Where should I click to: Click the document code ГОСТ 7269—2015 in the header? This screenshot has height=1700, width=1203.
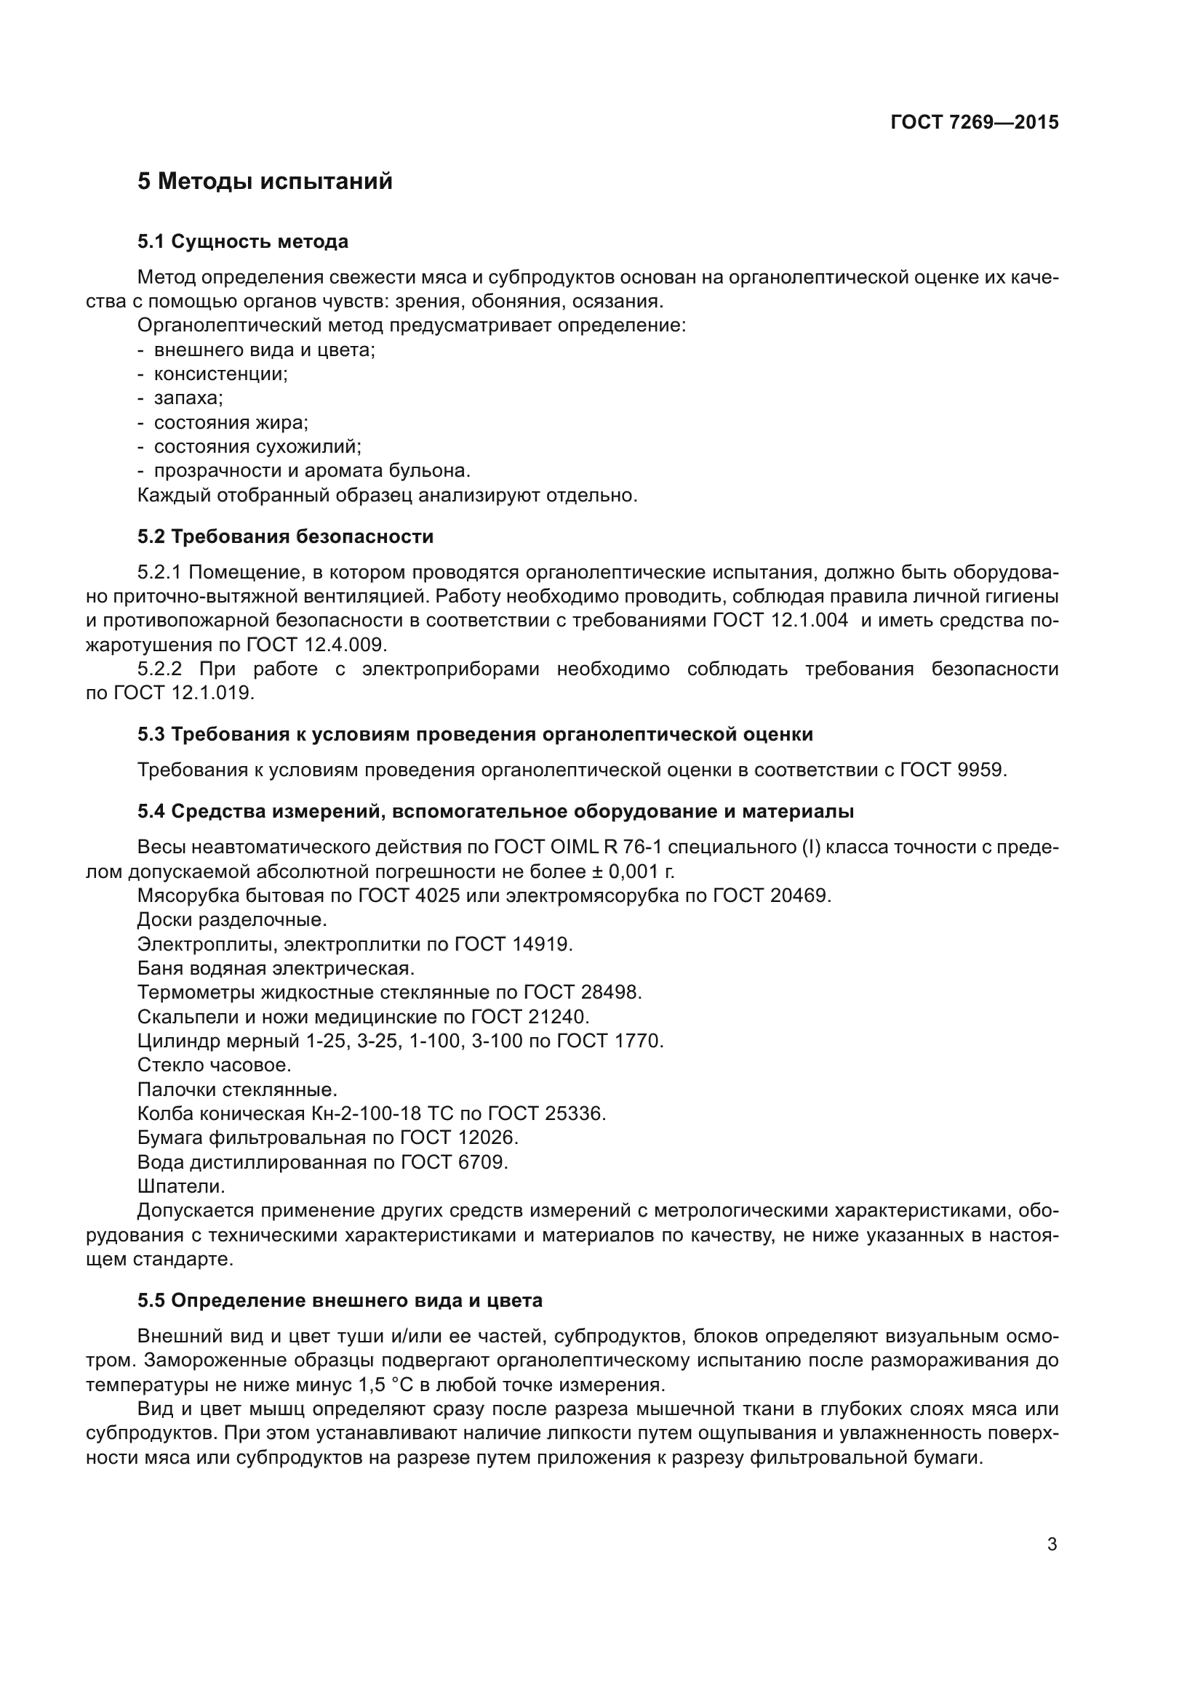click(974, 122)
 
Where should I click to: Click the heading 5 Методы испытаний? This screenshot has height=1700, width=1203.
click(265, 182)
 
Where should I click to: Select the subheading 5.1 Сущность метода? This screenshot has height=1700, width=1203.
click(242, 241)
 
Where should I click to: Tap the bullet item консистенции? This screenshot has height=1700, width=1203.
click(220, 374)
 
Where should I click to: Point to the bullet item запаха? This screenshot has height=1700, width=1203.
click(188, 398)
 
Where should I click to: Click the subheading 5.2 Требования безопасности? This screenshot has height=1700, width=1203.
click(285, 536)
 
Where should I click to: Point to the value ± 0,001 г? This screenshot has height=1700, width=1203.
click(629, 871)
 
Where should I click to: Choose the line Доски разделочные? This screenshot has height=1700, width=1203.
click(232, 919)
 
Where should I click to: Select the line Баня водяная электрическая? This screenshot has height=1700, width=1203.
click(276, 968)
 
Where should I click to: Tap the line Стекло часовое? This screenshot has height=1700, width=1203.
click(214, 1065)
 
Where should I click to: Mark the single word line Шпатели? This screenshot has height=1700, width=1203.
click(181, 1186)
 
